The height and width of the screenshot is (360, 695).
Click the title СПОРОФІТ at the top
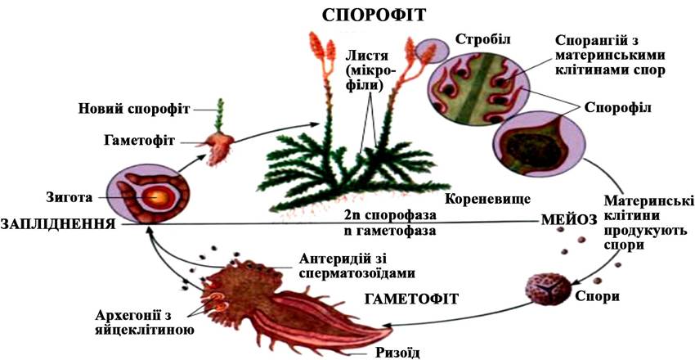[x=374, y=14]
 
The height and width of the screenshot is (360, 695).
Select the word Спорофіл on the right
[x=617, y=108]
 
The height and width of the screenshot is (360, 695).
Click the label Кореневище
[x=487, y=197]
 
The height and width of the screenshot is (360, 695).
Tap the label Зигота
[x=68, y=197]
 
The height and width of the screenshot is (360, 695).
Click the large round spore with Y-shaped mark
[x=544, y=290]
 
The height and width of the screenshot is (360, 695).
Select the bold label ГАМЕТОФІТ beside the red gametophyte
[x=412, y=299]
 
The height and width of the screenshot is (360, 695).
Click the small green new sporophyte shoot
[x=219, y=115]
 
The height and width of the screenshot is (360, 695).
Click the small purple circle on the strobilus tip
[x=428, y=51]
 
